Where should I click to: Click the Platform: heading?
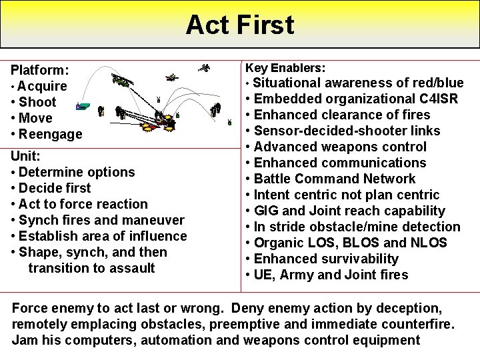[40, 70]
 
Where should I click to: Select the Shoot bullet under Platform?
[37, 102]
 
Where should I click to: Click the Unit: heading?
[25, 156]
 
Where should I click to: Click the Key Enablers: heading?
[285, 68]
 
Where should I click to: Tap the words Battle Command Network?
[335, 179]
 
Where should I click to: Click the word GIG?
[267, 211]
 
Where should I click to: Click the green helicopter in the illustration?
[121, 81]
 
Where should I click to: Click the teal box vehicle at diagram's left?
[82, 106]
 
